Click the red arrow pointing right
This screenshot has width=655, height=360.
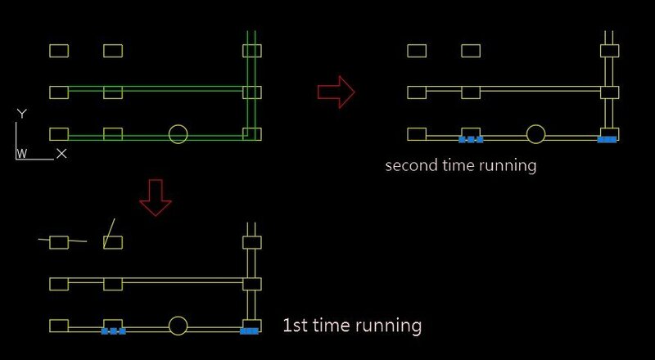pyautogui.click(x=336, y=91)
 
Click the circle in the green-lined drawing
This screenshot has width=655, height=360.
pyautogui.click(x=178, y=134)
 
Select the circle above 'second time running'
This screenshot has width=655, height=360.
pyautogui.click(x=535, y=134)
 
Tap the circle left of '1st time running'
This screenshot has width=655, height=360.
pyautogui.click(x=178, y=326)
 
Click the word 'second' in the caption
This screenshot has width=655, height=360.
pyautogui.click(x=409, y=165)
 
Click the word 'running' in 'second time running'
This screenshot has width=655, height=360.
pyautogui.click(x=508, y=165)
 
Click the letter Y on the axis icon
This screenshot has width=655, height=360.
pyautogui.click(x=22, y=114)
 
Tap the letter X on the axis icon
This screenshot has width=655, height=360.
pyautogui.click(x=61, y=153)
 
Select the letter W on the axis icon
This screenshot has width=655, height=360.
pyautogui.click(x=22, y=153)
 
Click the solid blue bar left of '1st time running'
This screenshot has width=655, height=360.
pyautogui.click(x=250, y=331)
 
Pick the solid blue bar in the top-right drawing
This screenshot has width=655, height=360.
pyautogui.click(x=607, y=140)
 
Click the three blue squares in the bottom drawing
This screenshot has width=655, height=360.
pyautogui.click(x=113, y=331)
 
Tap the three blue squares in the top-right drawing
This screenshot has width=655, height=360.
pyautogui.click(x=471, y=140)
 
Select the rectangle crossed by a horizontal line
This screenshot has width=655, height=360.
pyautogui.click(x=59, y=241)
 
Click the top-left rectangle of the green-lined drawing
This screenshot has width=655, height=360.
pyautogui.click(x=59, y=51)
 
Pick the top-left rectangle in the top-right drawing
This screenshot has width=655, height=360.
pyautogui.click(x=417, y=51)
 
